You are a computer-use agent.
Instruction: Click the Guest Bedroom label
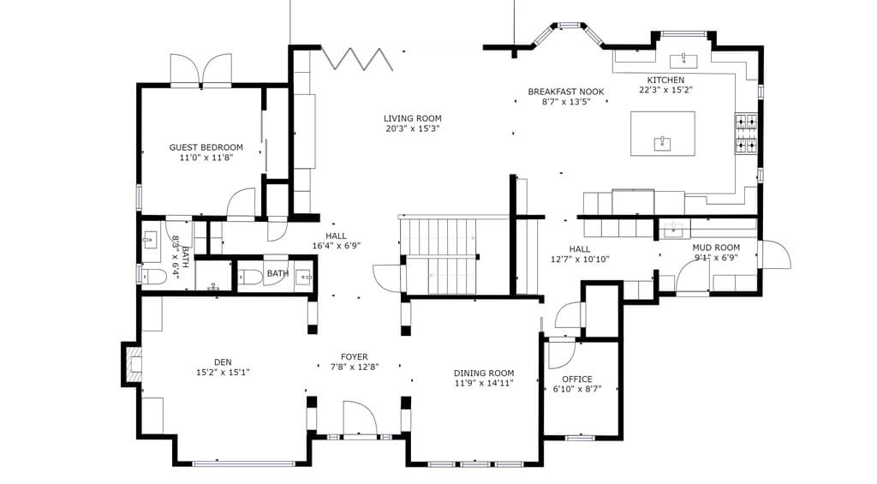(x=206, y=147)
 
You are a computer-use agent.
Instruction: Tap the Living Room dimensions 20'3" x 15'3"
(x=412, y=128)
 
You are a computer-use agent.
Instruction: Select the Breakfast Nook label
(x=566, y=92)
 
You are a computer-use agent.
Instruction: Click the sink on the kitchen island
(x=663, y=143)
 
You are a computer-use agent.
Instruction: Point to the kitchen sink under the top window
(x=683, y=60)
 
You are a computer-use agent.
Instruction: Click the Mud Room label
(x=716, y=248)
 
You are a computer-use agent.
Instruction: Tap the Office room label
(x=577, y=379)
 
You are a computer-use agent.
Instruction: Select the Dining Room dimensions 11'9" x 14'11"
(x=484, y=383)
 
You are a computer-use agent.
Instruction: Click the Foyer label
(x=355, y=356)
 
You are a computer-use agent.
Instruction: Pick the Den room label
(x=223, y=362)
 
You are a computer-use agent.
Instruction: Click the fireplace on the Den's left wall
(x=132, y=363)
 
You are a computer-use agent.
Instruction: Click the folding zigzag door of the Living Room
(x=357, y=59)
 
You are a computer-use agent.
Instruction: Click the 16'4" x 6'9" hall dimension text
(x=336, y=245)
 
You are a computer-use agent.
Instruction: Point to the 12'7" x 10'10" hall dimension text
(x=580, y=259)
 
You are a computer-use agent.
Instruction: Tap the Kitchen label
(x=665, y=80)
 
